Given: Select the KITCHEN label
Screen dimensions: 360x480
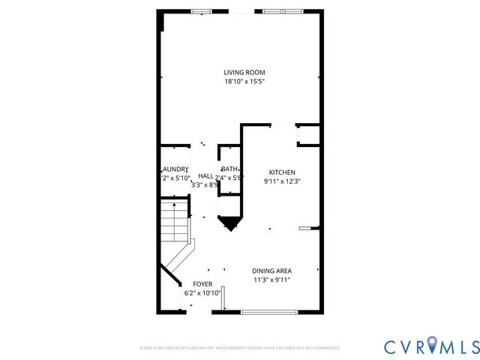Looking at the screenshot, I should point(282,172).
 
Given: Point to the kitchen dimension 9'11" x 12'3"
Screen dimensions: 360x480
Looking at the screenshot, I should point(282,181).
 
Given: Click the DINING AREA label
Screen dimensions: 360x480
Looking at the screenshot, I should point(271,271).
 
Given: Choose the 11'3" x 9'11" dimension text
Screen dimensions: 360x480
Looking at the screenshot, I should point(271,280).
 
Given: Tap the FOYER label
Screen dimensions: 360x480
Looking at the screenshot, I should point(202,284).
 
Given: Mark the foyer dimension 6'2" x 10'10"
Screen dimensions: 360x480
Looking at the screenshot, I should point(202,293).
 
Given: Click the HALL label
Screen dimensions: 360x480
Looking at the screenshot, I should point(205,175).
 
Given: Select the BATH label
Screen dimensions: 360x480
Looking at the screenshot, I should point(229,169).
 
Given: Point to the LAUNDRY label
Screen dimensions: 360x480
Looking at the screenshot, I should point(175,169).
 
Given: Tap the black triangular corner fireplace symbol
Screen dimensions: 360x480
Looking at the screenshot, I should point(229,222).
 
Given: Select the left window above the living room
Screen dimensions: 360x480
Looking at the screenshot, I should point(200,11).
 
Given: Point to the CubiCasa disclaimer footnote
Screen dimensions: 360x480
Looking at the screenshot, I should point(240,348).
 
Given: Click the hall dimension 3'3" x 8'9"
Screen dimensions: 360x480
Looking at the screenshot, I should point(205,184).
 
